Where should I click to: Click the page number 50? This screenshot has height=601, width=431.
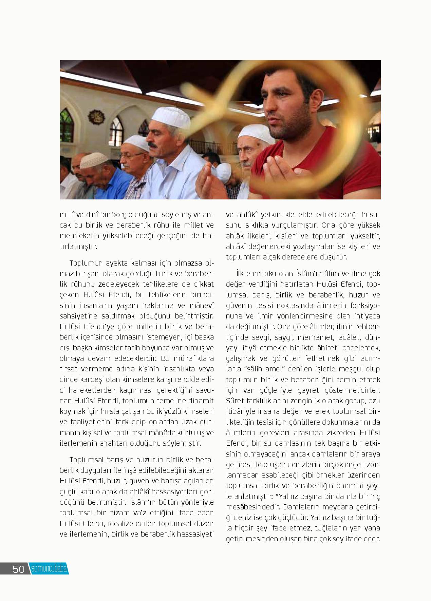pyautogui.click(x=19, y=569)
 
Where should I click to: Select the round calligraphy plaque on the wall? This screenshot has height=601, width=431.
pyautogui.click(x=96, y=117)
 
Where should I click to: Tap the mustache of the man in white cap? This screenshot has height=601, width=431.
pyautogui.click(x=153, y=145)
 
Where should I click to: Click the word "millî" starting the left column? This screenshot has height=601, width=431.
pyautogui.click(x=67, y=215)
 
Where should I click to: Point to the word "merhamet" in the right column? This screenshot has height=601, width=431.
pyautogui.click(x=310, y=337)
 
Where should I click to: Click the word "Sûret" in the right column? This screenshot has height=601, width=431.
pyautogui.click(x=233, y=401)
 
